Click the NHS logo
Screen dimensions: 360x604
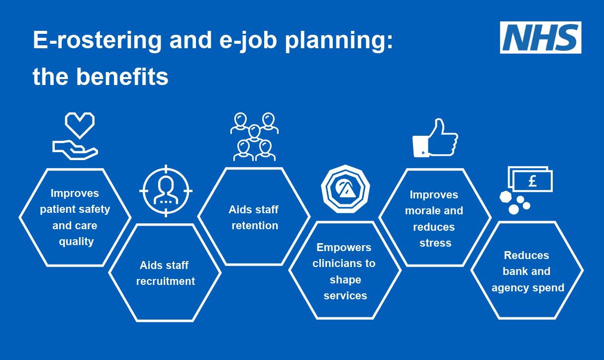coord(540,37)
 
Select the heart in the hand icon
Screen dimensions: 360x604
coord(80,125)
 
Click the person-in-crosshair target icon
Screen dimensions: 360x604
coord(166,191)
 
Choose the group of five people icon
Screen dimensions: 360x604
coord(254,136)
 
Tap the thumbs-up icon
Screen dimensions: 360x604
coord(435,138)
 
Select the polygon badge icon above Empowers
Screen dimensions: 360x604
coord(345,189)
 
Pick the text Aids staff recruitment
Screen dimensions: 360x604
coord(165,273)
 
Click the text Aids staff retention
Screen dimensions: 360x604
coord(254,217)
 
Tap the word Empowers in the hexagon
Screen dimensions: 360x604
coord(344,247)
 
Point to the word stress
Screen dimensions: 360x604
coord(435,243)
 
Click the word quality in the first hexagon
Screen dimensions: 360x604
coord(76,242)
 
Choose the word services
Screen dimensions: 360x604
coord(345,295)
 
